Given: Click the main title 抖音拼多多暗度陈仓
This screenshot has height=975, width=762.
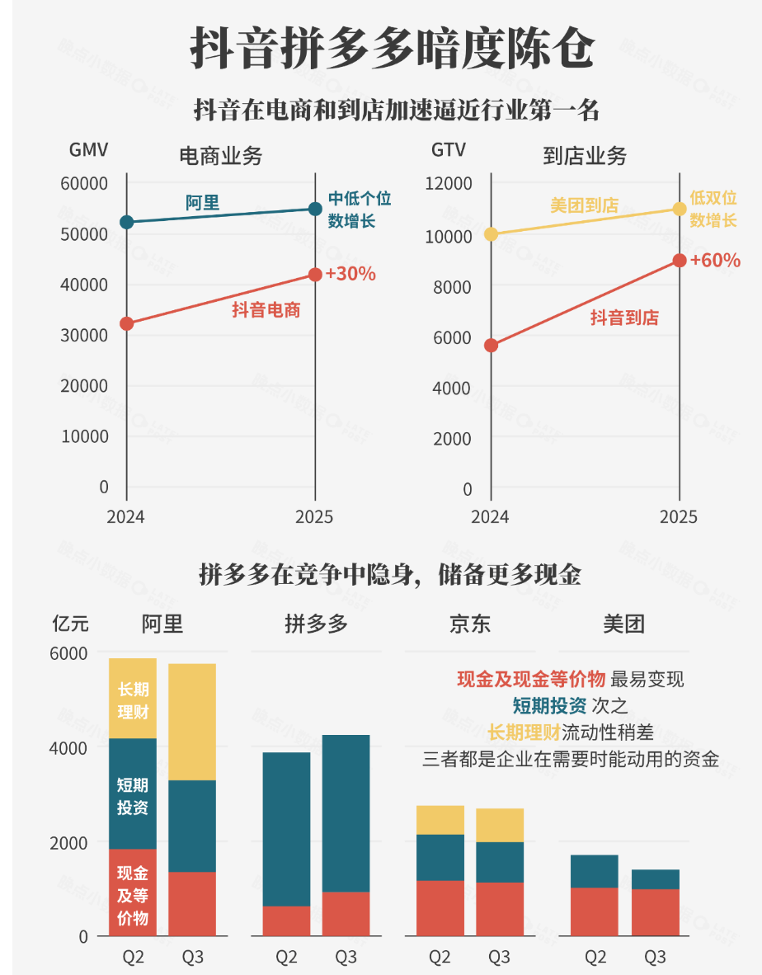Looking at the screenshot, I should [x=392, y=49].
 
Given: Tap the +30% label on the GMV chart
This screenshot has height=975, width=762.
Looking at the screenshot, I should [x=350, y=274].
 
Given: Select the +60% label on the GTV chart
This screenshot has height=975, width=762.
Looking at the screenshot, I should [x=715, y=261].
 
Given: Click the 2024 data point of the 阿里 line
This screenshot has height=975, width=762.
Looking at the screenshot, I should [x=126, y=222].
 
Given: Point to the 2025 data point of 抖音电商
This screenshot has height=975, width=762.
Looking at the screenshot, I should [x=315, y=275].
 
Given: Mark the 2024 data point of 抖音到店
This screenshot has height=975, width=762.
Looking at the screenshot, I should [x=491, y=345].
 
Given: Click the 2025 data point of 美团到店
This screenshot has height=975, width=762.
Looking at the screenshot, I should [x=679, y=209].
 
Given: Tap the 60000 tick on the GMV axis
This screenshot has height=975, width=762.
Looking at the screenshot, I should [x=85, y=184].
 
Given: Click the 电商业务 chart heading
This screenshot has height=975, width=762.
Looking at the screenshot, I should [x=221, y=157].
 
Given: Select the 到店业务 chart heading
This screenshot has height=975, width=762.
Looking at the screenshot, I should [x=585, y=157].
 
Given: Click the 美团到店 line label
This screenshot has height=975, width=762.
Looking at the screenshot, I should [x=584, y=205].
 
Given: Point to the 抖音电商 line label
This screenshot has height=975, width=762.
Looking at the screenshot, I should [x=266, y=310].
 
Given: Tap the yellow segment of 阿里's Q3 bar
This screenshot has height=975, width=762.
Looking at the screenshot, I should [x=192, y=722].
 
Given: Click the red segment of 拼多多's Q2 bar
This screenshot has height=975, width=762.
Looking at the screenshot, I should [x=286, y=921].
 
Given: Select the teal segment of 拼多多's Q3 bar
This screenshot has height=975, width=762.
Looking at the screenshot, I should [x=346, y=812].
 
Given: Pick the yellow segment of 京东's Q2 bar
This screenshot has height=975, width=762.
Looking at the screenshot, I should [x=440, y=820].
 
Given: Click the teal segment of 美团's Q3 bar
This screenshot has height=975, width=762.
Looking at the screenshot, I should [x=656, y=879].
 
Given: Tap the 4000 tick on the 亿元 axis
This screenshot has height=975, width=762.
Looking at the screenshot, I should [x=72, y=748].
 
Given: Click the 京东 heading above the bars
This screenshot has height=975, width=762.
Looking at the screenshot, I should [x=470, y=624].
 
